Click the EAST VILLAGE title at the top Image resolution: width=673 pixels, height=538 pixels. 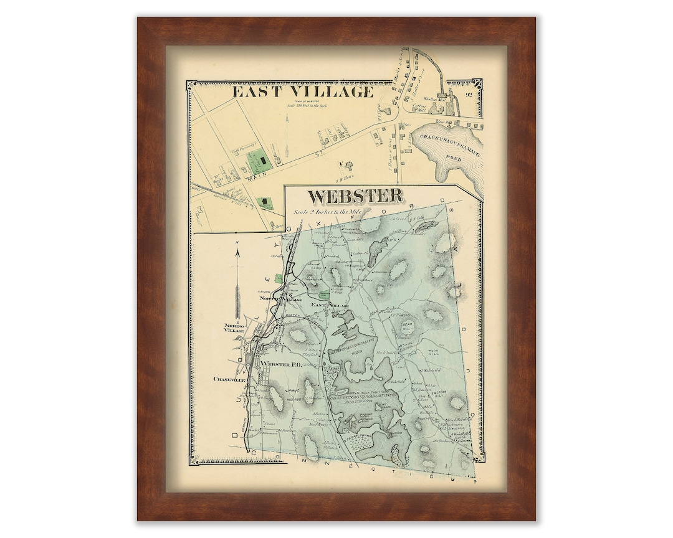click(x=303, y=92)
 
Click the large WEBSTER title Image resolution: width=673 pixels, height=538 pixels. click(x=355, y=196)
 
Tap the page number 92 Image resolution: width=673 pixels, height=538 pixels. click(x=469, y=95)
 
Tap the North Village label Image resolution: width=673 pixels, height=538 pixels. click(x=280, y=300)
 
